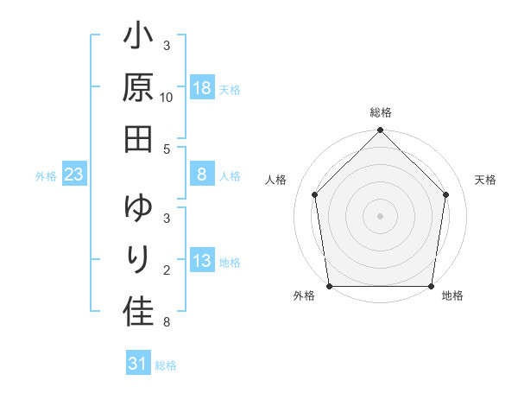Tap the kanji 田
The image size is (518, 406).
pyautogui.click(x=139, y=136)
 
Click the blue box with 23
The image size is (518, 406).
pyautogui.click(x=74, y=175)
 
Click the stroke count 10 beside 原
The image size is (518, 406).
pyautogui.click(x=167, y=98)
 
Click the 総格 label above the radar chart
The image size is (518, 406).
pyautogui.click(x=380, y=113)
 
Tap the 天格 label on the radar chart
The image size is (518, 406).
pyautogui.click(x=485, y=180)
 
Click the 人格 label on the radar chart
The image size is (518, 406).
pyautogui.click(x=276, y=180)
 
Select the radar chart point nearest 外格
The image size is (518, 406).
pyautogui.click(x=329, y=286)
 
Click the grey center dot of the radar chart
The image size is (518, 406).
pyautogui.click(x=380, y=215)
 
